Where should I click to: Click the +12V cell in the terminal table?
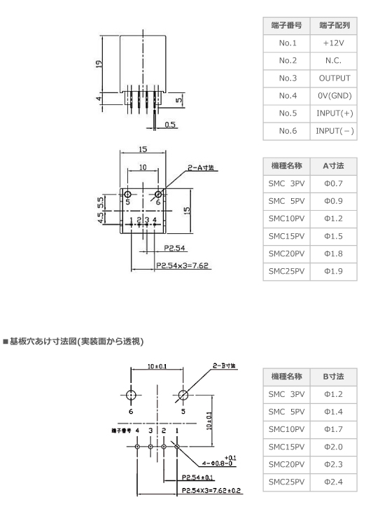(x=334, y=43)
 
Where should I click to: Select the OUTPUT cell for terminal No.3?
(x=335, y=78)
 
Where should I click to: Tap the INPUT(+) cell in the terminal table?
(x=335, y=113)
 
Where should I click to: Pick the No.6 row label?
(x=288, y=131)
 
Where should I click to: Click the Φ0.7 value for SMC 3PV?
(x=334, y=183)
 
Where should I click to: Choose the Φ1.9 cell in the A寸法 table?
(x=334, y=271)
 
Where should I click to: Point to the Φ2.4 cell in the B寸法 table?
(x=334, y=482)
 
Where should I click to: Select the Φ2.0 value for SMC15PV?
(x=334, y=447)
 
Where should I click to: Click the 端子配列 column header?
(x=335, y=25)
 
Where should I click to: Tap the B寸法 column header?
(x=334, y=377)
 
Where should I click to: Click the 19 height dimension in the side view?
(x=99, y=64)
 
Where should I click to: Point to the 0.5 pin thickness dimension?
(x=169, y=125)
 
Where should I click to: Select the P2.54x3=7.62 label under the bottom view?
(x=182, y=265)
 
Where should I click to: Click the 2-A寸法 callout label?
(x=201, y=167)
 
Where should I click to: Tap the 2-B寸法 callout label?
(x=224, y=365)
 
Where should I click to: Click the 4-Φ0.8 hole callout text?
(x=218, y=463)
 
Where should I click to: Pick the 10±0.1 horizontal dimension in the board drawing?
(x=157, y=366)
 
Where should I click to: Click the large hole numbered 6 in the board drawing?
(x=131, y=396)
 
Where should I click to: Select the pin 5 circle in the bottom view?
(x=128, y=195)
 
